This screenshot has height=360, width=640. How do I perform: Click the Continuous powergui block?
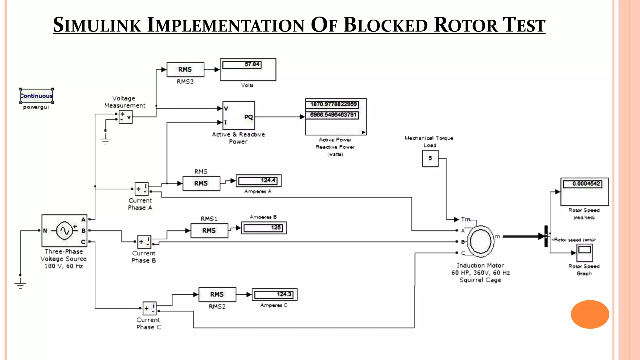[x=36, y=96]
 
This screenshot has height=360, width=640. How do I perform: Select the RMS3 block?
[x=185, y=69]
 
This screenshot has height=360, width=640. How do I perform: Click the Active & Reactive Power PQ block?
[x=238, y=115]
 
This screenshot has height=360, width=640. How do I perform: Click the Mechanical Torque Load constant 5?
[x=430, y=158]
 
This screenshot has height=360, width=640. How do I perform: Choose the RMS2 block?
[x=217, y=294]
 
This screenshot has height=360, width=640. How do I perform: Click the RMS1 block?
[x=209, y=231]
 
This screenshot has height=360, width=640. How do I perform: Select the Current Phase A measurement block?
[x=141, y=189]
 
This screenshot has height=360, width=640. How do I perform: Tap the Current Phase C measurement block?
[x=149, y=308]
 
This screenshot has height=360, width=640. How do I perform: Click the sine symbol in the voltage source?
[x=65, y=231]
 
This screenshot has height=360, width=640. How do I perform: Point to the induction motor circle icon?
[x=481, y=241]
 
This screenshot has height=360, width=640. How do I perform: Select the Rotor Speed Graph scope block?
[x=584, y=252]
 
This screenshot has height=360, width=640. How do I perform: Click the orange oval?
[x=590, y=314]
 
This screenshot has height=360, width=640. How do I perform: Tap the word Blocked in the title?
[x=386, y=25]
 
